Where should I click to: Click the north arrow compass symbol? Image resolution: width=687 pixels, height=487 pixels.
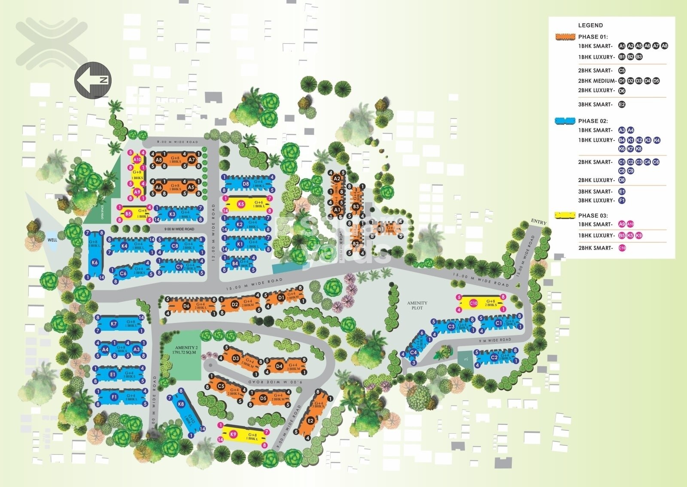93,80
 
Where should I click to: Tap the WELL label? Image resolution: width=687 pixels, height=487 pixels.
52,240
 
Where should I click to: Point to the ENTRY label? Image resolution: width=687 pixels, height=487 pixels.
538,222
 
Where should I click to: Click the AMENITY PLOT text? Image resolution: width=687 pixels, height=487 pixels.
417,305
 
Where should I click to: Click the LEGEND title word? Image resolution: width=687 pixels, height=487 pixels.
590,25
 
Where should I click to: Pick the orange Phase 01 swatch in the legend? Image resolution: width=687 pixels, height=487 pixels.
565,37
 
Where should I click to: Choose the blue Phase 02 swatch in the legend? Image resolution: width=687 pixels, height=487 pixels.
565,121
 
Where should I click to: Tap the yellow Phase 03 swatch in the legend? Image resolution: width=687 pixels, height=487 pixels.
565,216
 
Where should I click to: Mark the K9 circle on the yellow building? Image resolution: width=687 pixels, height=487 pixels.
234,434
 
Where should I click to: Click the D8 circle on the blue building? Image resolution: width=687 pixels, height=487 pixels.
246,184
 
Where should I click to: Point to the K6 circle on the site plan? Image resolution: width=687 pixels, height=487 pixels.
95,262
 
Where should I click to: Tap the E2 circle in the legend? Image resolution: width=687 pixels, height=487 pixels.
622,104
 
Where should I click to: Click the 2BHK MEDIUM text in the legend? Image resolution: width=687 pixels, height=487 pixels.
597,81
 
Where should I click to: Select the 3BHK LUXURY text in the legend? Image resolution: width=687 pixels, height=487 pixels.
595,201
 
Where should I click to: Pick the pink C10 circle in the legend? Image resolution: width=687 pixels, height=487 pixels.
622,248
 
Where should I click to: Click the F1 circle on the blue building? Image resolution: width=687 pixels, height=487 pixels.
114,397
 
